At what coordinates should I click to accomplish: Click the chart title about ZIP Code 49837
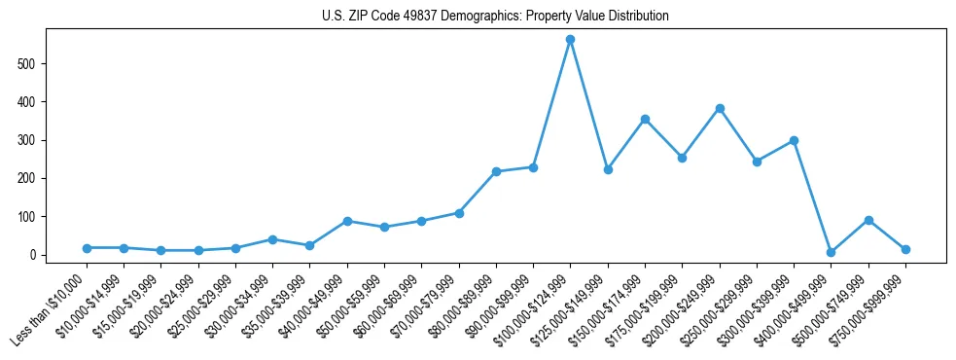[x=495, y=17]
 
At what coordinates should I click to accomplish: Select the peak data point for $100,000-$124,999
[x=571, y=39]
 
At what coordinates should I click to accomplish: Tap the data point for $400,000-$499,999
[x=832, y=252]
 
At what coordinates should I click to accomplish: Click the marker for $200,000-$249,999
[x=720, y=108]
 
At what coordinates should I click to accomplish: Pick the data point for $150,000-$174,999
[x=645, y=119]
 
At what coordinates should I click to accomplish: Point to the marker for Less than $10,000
[x=87, y=248]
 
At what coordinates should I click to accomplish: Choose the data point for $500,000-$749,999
[x=868, y=220]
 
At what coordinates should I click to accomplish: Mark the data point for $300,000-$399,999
[x=795, y=140]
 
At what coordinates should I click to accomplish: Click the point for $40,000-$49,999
[x=347, y=221]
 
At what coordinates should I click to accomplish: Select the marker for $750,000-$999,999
[x=905, y=249]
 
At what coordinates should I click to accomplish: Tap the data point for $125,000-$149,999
[x=608, y=169]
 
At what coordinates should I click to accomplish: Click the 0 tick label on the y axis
[x=32, y=255]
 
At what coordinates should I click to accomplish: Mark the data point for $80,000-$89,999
[x=496, y=171]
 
